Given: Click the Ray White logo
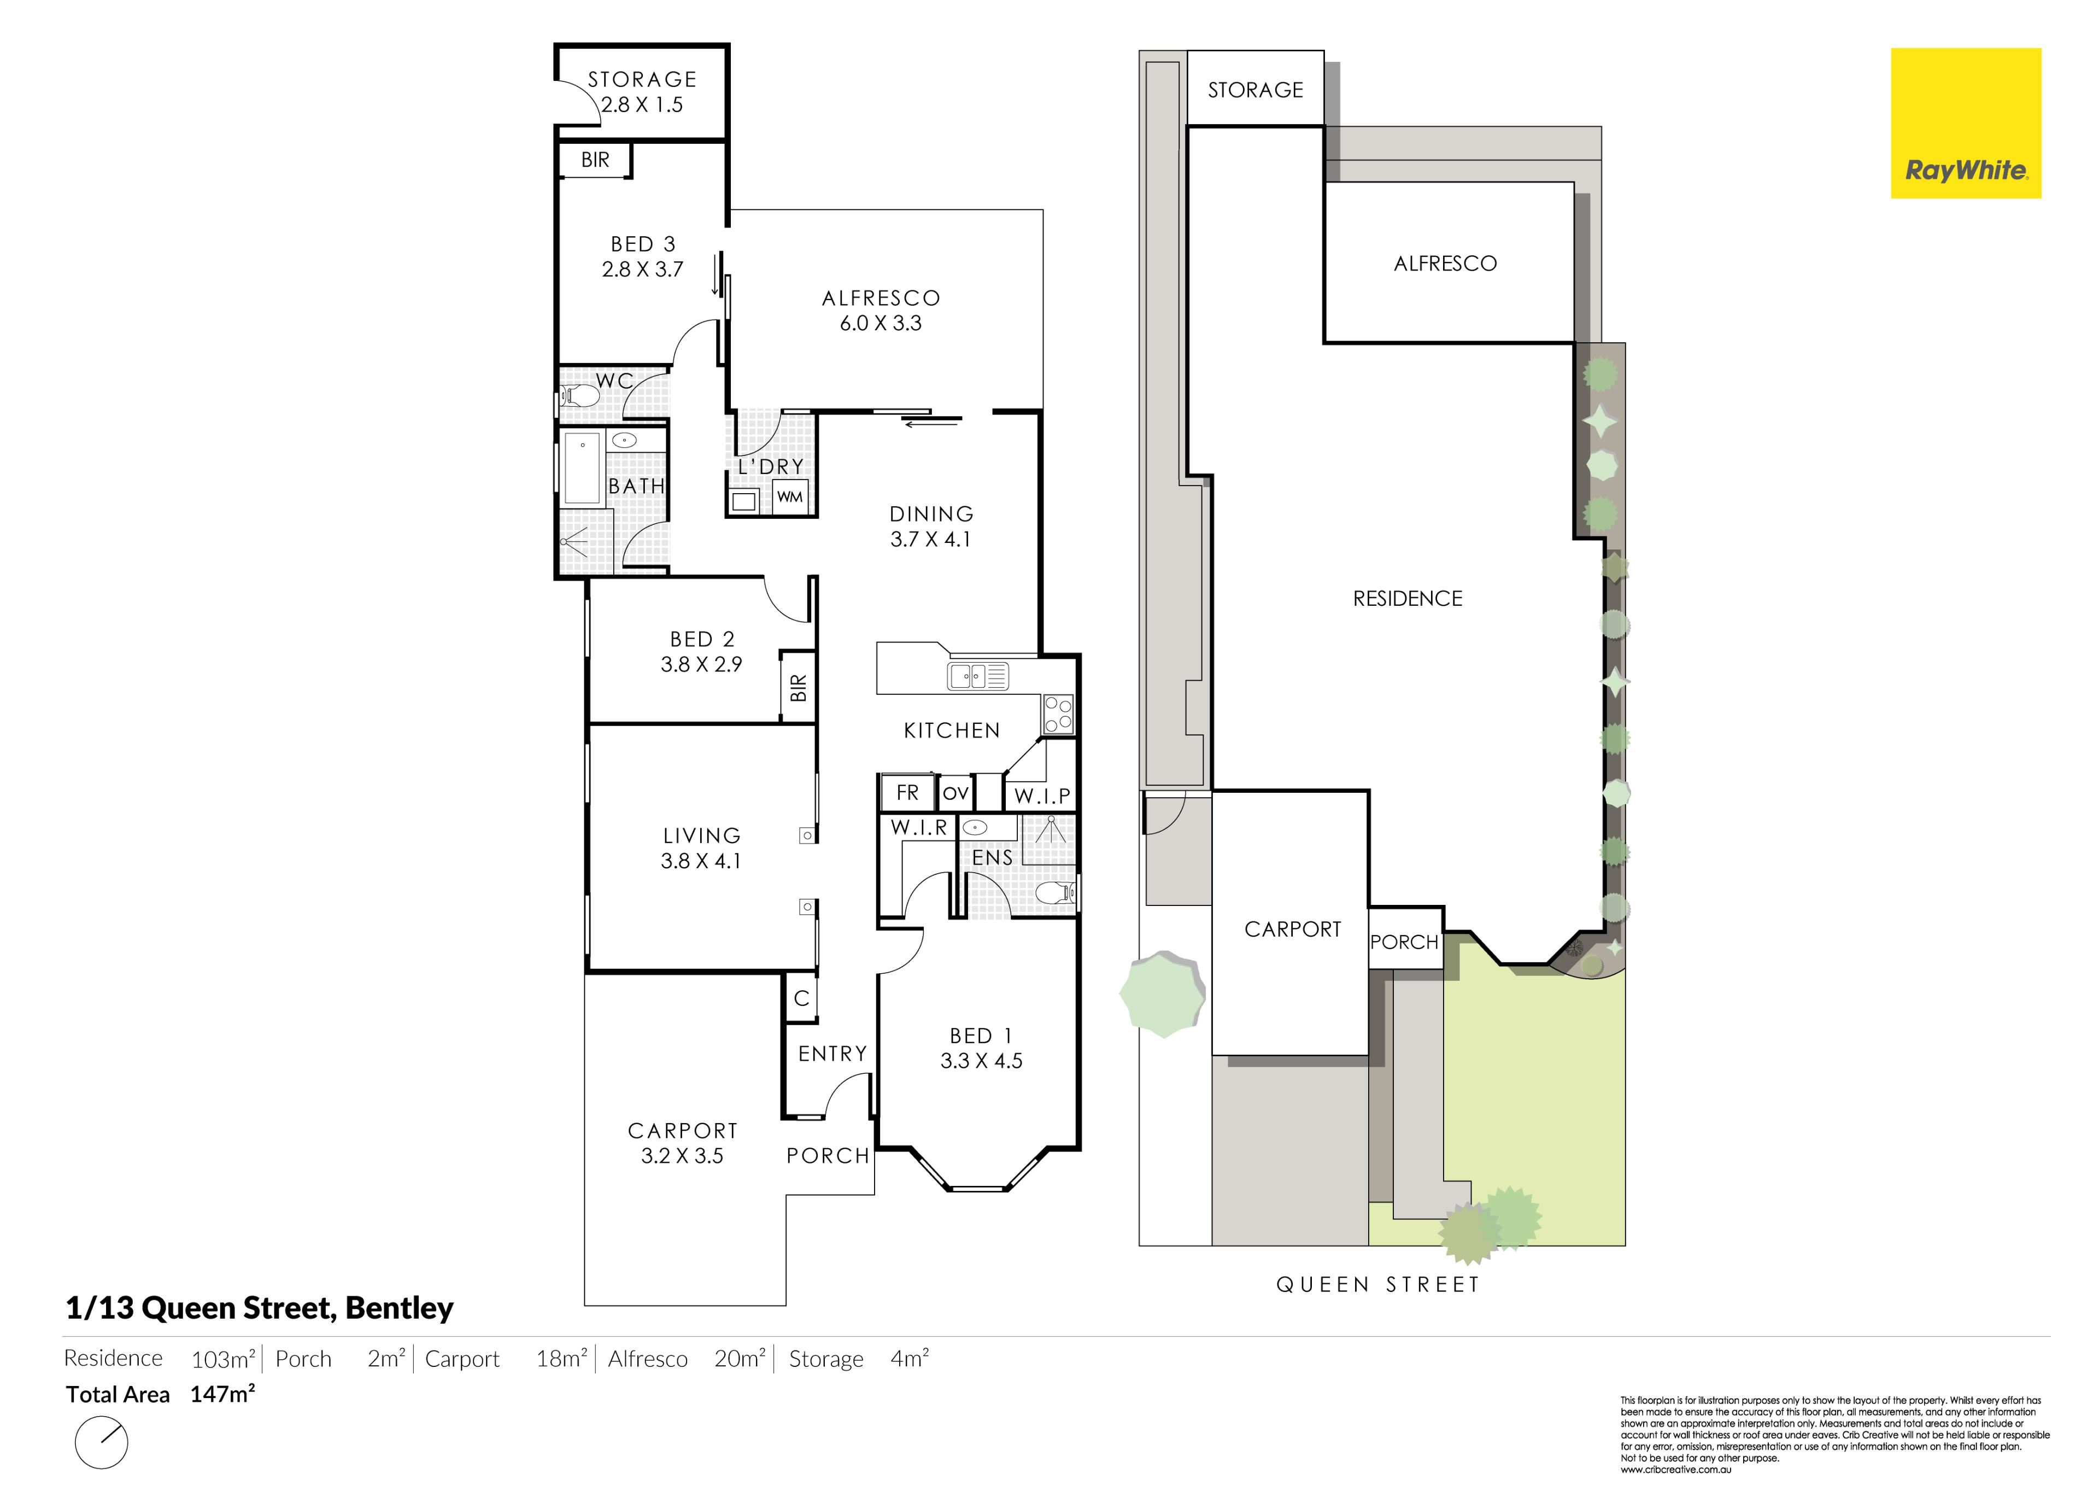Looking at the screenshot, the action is [x=1966, y=124].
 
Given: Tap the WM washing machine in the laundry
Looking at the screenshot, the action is [x=790, y=496].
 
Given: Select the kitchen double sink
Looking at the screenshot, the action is [x=978, y=676].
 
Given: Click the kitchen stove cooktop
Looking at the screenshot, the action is [x=1058, y=714].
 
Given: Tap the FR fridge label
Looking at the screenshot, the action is [x=907, y=793].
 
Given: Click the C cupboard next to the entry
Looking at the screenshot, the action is [x=802, y=998].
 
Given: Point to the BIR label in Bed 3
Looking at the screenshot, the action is [x=595, y=160].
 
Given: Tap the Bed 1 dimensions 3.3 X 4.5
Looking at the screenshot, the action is [x=981, y=1061].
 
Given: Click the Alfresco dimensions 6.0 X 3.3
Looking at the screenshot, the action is [x=881, y=323].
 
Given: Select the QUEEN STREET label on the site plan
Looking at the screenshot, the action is [x=1377, y=1285].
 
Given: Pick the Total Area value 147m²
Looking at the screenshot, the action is [x=222, y=1394].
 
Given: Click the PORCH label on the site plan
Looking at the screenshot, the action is [x=1404, y=942].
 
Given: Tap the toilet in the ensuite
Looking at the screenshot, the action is [x=1059, y=892].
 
